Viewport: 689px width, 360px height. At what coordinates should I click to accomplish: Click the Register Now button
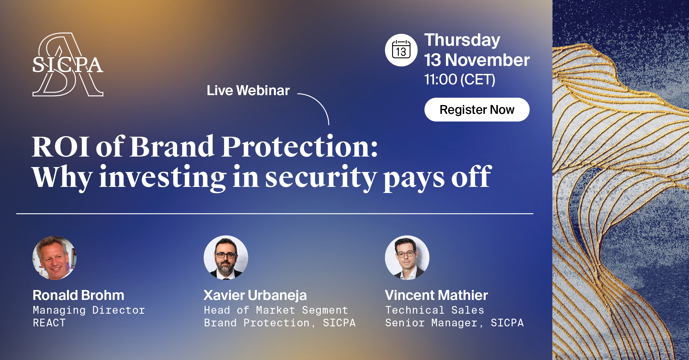[x=477, y=109]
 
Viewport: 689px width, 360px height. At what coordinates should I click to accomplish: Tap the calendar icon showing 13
[x=401, y=50]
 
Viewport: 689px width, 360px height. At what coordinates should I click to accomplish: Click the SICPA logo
[x=68, y=65]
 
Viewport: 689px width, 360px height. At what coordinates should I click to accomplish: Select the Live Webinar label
[x=248, y=90]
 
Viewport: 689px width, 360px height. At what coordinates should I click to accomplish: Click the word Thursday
[x=462, y=41]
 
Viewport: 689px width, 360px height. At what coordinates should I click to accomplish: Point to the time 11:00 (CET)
[x=459, y=79]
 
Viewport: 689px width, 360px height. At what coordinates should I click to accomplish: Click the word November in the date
[x=487, y=60]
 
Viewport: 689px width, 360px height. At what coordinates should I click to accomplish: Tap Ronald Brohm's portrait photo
[x=55, y=258]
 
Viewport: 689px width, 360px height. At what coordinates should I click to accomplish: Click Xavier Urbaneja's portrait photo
[x=226, y=257]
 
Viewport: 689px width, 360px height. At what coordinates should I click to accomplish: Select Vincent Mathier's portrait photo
[x=407, y=257]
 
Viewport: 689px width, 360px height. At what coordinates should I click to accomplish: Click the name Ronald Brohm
[x=79, y=295]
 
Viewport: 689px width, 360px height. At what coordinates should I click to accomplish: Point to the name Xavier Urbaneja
[x=255, y=295]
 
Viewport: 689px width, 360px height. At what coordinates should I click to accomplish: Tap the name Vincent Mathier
[x=436, y=295]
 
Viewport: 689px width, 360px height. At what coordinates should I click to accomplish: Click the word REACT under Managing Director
[x=49, y=323]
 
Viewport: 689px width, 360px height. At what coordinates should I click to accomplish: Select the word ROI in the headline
[x=60, y=147]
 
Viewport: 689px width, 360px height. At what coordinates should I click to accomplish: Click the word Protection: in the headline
[x=300, y=146]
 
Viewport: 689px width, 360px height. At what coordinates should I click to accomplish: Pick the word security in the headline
[x=321, y=178]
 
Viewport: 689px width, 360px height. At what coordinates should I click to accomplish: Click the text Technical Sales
[x=435, y=310]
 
